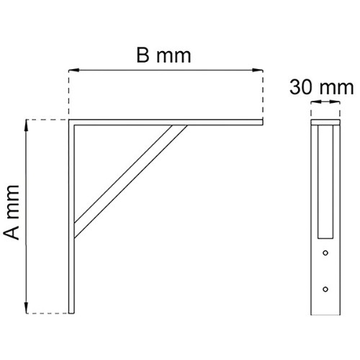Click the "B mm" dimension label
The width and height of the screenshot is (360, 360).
(163, 55)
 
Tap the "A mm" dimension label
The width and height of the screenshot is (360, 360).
(12, 212)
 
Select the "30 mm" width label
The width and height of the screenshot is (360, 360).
(321, 87)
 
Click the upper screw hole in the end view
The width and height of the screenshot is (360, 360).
(325, 253)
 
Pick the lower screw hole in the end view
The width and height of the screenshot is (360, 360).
(325, 289)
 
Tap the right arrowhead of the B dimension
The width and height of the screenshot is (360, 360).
(258, 70)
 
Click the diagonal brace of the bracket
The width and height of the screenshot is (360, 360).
(131, 181)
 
